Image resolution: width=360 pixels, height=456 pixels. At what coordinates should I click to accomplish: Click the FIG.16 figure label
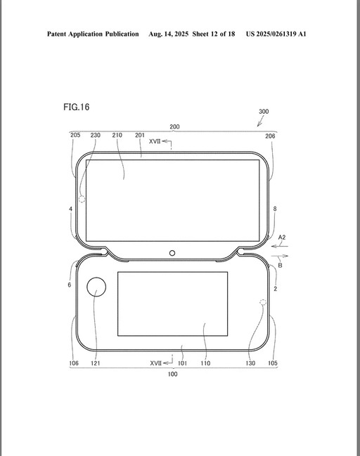[x=76, y=107]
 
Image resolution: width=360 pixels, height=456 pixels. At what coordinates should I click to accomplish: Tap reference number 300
[x=264, y=112]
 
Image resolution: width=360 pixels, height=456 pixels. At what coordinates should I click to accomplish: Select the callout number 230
[x=96, y=135]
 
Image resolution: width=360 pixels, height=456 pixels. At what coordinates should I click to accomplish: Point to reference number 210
[x=117, y=135]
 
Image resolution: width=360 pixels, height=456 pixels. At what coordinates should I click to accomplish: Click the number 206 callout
[x=270, y=136]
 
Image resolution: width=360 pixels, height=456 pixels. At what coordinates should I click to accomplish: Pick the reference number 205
[x=75, y=135]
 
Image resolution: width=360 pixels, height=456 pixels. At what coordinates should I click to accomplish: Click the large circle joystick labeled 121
[x=96, y=287]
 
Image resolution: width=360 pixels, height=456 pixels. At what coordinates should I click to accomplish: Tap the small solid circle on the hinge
[x=172, y=253]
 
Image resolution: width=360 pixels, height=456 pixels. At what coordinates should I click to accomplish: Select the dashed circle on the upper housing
[x=82, y=199]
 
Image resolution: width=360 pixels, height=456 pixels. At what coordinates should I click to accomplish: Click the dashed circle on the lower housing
[x=263, y=302]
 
